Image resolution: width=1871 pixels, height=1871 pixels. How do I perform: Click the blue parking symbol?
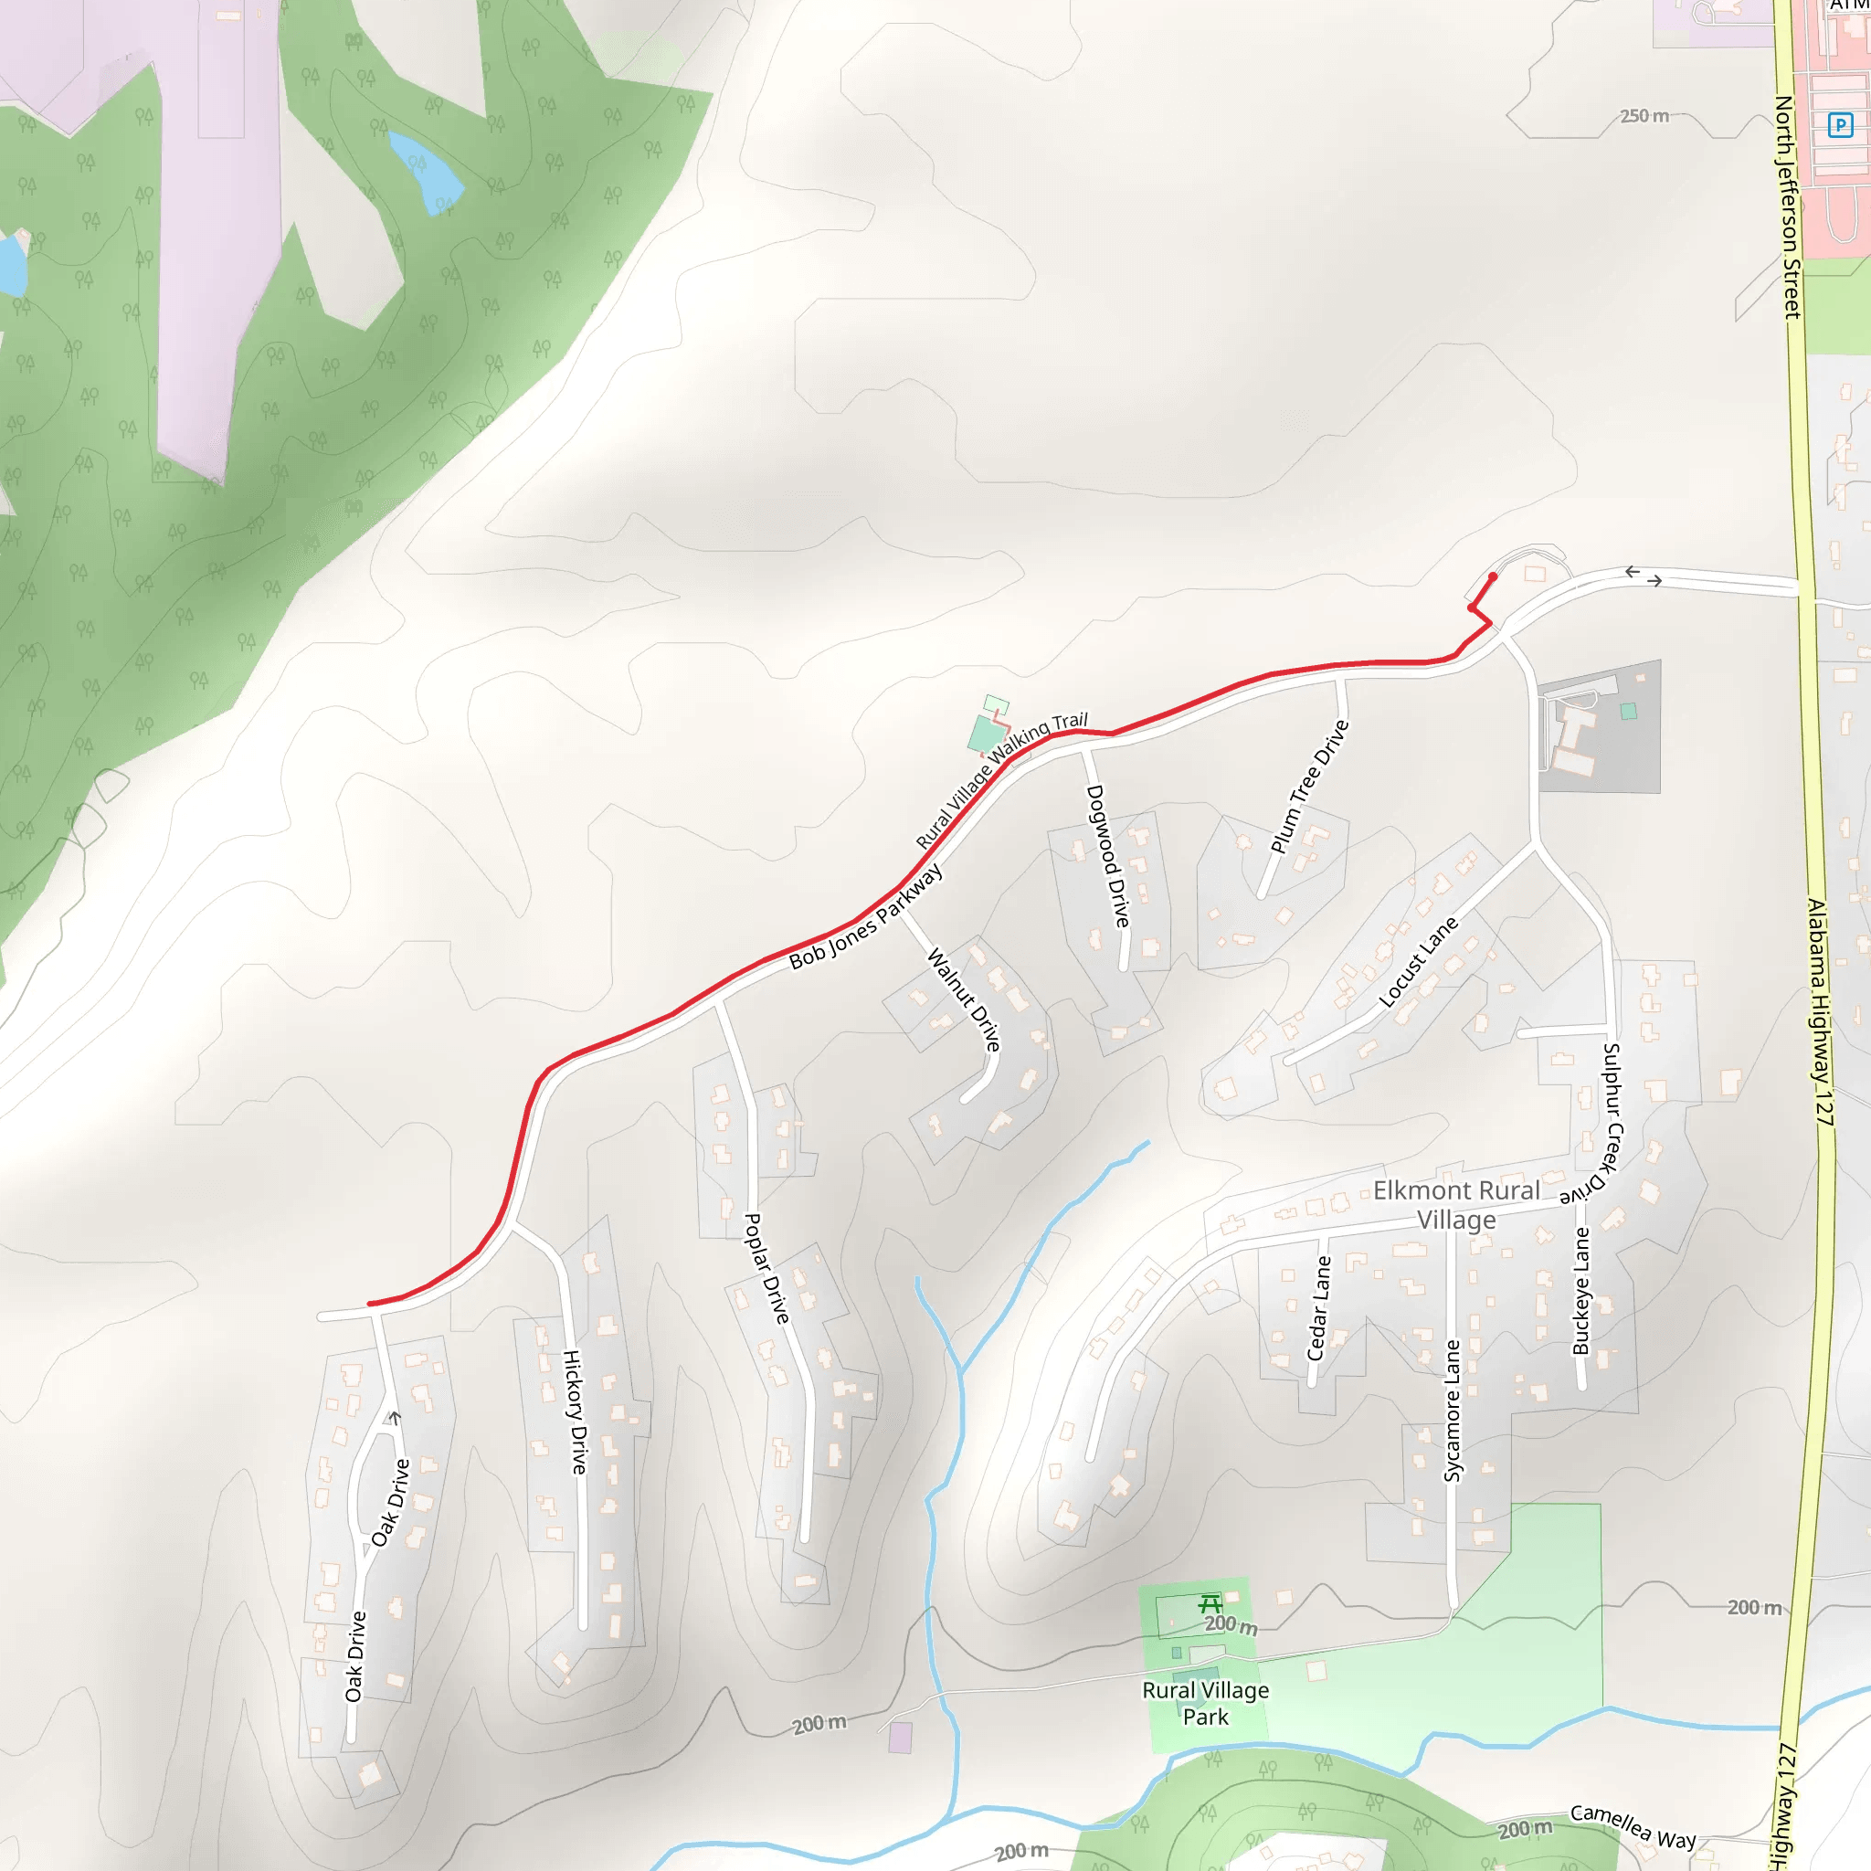click(x=1840, y=125)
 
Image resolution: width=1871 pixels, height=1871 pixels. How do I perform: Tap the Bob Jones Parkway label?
click(x=865, y=917)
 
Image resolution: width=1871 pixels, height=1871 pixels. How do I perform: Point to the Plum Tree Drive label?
click(x=1309, y=787)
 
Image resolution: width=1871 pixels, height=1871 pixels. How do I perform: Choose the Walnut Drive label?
click(x=964, y=999)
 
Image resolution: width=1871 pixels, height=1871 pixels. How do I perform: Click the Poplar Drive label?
click(x=766, y=1268)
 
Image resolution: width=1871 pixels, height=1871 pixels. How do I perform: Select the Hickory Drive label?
click(x=576, y=1411)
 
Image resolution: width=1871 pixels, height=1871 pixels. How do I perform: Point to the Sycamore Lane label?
click(x=1452, y=1410)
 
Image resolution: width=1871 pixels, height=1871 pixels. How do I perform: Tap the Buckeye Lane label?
click(x=1581, y=1291)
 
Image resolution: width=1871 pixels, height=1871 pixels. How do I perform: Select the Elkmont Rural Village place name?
click(x=1456, y=1204)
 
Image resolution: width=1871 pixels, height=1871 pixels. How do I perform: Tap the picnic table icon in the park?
click(x=1210, y=1602)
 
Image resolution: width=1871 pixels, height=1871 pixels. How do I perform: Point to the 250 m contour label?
click(x=1644, y=116)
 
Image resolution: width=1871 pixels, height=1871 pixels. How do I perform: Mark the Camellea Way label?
click(x=1633, y=1825)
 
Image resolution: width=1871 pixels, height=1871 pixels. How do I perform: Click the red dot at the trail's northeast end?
click(x=1493, y=577)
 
